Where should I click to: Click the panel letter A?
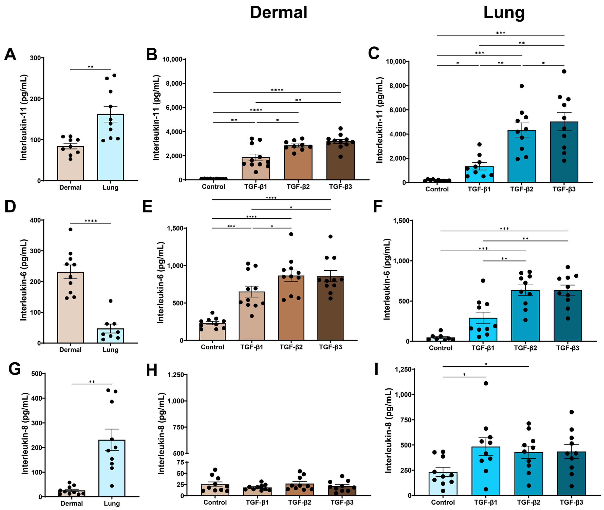10,54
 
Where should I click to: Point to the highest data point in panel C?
564,71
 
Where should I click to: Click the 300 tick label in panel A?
35,58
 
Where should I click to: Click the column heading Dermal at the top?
278,13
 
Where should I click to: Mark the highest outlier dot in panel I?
486,383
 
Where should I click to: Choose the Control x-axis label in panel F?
440,348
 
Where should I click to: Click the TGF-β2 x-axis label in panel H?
299,502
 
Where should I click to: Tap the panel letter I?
376,370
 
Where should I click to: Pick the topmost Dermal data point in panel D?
70,229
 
